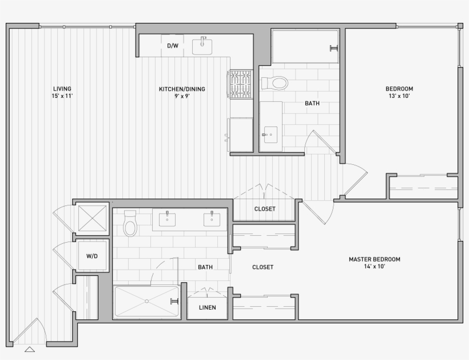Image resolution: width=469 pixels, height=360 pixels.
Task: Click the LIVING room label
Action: [62, 89]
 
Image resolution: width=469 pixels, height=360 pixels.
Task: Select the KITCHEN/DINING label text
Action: [182, 89]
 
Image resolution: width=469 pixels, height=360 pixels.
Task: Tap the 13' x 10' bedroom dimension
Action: [399, 96]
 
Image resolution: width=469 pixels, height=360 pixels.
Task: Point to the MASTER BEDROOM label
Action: [375, 259]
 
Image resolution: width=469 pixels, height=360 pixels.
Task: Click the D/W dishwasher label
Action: [172, 46]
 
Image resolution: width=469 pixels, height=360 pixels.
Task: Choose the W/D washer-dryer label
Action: [92, 256]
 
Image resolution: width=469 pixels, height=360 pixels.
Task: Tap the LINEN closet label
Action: [207, 307]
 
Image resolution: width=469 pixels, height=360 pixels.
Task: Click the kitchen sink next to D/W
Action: [202, 45]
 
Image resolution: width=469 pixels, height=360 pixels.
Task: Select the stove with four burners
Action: [241, 84]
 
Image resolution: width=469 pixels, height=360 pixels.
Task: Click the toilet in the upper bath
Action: [275, 84]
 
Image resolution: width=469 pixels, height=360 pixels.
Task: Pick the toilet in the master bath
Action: [130, 224]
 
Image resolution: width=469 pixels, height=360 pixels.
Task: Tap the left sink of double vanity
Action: [167, 219]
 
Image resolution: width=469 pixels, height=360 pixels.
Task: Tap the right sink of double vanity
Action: [212, 219]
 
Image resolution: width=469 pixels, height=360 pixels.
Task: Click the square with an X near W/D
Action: [92, 218]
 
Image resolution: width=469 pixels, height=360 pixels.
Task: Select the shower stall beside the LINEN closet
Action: [147, 301]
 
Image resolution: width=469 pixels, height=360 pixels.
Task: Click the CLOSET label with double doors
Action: [265, 209]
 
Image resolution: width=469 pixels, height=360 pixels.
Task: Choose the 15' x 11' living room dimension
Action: [62, 96]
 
